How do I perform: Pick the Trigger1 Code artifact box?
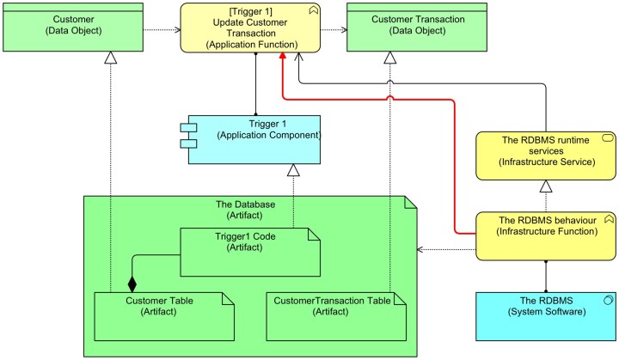249,250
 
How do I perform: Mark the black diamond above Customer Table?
132,283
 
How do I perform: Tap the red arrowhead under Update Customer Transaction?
282,57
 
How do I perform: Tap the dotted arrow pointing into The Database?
447,250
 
